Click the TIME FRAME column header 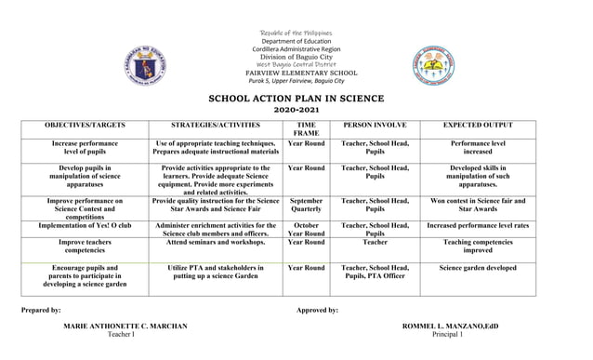(306, 129)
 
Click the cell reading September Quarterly (306, 206)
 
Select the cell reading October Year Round (306, 230)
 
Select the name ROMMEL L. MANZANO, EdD (452, 326)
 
